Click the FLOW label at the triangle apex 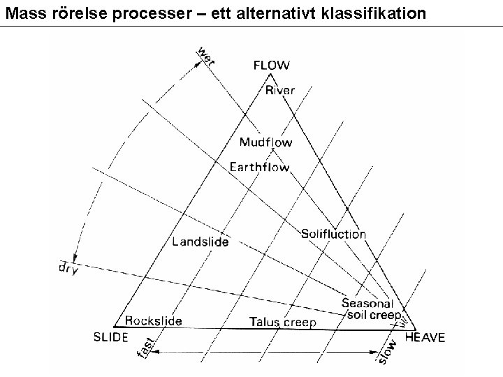270,66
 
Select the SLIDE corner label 110,337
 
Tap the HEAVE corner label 424,337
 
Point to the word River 280,90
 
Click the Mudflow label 265,142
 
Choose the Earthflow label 259,168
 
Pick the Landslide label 200,242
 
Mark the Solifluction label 333,234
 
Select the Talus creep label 283,323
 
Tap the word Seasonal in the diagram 367,303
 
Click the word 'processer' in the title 124,12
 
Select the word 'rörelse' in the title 66,12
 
